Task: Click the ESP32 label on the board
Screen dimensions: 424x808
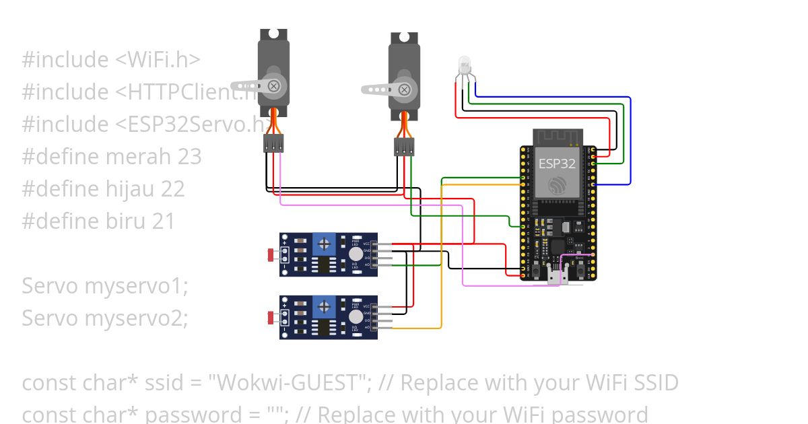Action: coord(557,164)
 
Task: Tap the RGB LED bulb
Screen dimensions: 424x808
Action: coord(464,65)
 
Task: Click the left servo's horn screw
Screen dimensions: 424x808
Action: coord(274,86)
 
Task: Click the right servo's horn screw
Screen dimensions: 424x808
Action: coord(404,89)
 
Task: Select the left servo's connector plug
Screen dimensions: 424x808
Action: coord(273,143)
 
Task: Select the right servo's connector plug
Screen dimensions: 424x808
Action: coord(404,147)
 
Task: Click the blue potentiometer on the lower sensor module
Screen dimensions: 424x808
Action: coord(324,307)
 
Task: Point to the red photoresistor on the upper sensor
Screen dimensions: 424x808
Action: coord(271,254)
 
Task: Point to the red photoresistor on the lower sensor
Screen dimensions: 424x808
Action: coord(271,318)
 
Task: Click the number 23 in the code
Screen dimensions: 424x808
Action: coord(190,157)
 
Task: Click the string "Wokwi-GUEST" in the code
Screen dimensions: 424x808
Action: coord(290,383)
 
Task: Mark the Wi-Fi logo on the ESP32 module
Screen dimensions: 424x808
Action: coord(557,185)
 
